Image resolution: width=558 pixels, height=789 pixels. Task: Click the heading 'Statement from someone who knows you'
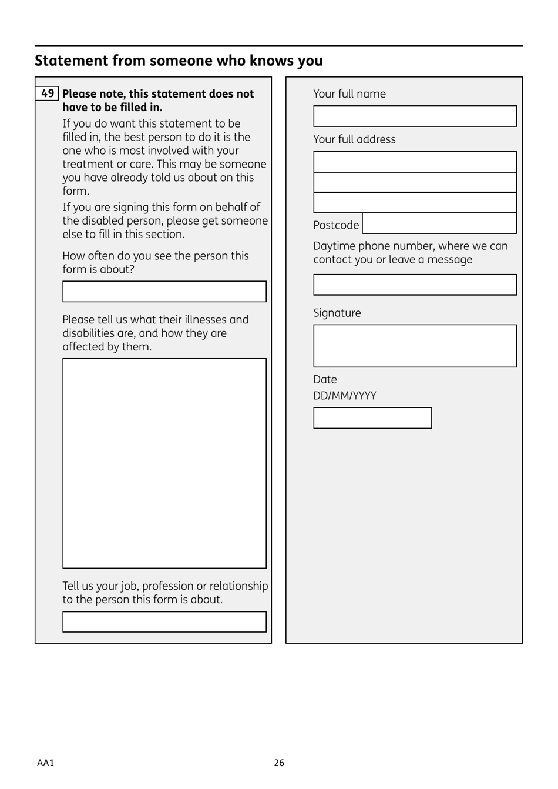(179, 61)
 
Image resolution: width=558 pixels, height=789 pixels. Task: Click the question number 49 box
(47, 93)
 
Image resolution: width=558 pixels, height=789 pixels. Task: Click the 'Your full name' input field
(415, 116)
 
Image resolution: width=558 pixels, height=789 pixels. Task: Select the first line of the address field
(415, 162)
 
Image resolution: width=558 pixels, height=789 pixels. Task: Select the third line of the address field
(415, 203)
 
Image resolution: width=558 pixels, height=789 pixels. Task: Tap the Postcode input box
(439, 224)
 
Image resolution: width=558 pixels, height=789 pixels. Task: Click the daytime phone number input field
(415, 285)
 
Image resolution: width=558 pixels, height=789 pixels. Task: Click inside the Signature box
(415, 346)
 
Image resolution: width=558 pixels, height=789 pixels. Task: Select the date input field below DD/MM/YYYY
(372, 418)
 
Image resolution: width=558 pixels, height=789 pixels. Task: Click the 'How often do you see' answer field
(164, 292)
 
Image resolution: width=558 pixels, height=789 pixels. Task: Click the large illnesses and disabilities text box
(164, 463)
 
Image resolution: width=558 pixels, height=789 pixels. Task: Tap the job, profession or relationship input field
(164, 622)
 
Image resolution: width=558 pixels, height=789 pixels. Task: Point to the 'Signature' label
(337, 313)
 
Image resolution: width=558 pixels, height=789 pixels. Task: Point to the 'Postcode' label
(336, 225)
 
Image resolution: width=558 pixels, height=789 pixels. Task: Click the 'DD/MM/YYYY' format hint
(345, 396)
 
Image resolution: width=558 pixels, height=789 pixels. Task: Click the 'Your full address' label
(354, 139)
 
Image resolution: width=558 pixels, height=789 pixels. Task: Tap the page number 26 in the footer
(279, 763)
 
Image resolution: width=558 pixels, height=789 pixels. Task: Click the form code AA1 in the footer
(45, 763)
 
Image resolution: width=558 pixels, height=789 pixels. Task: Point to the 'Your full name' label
(349, 94)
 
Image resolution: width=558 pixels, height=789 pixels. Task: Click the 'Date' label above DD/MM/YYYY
(325, 380)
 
